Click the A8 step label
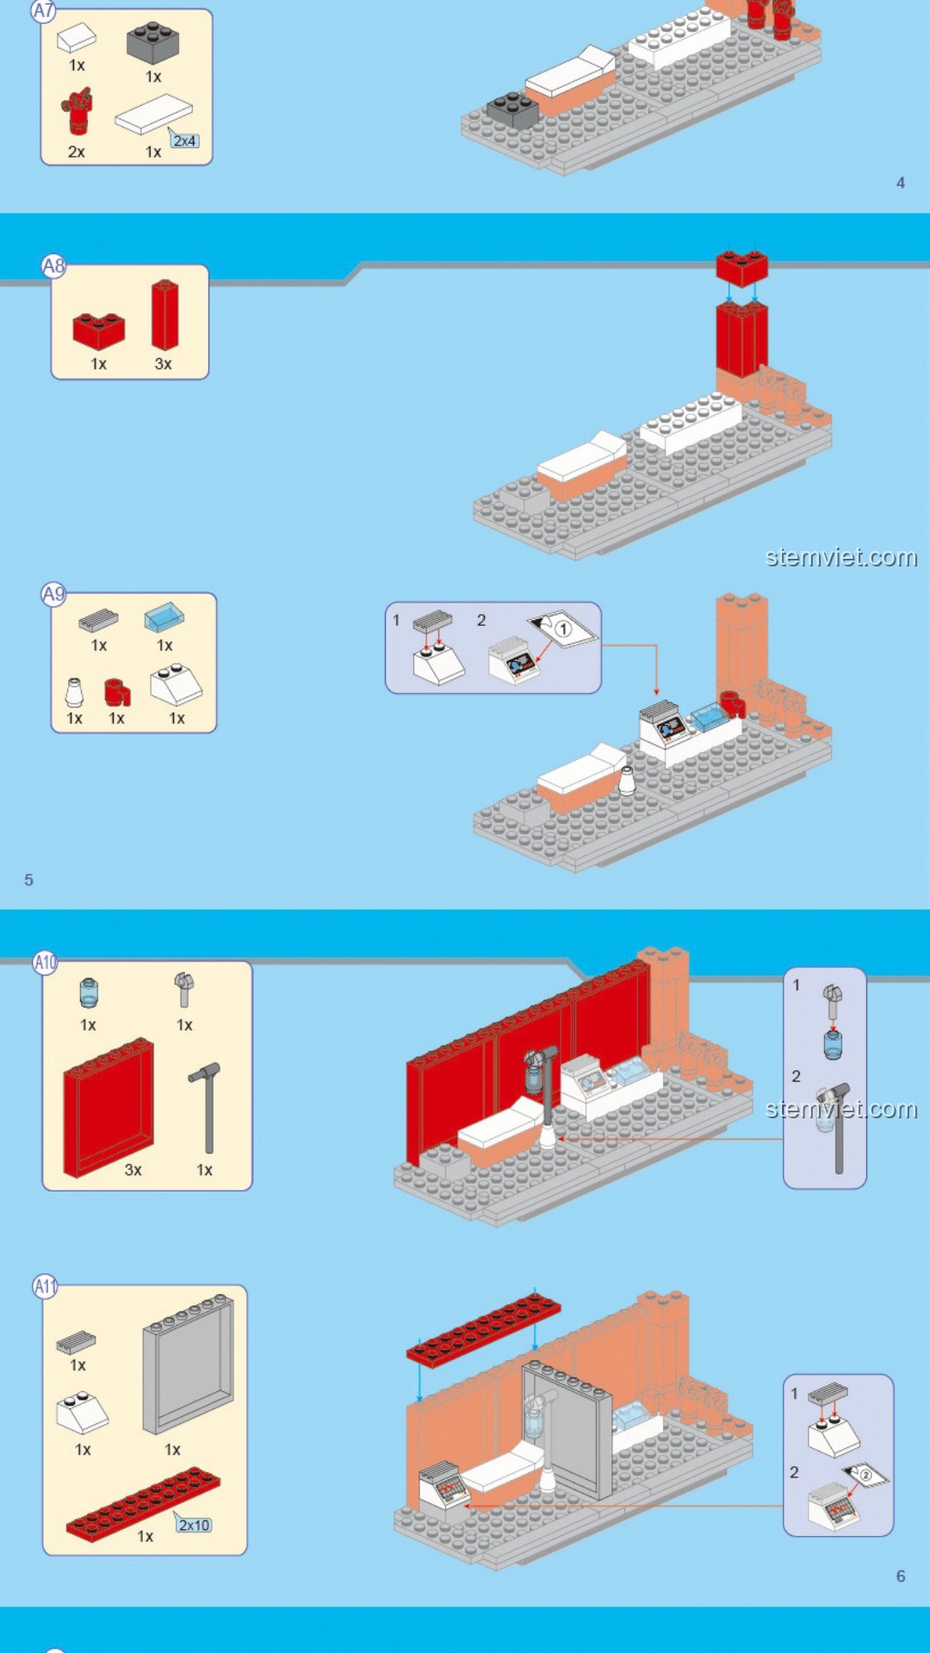point(53,266)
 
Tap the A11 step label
point(45,1287)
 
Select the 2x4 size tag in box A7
point(184,140)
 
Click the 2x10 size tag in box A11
point(194,1525)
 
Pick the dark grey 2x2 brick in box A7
point(153,43)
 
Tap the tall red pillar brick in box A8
point(164,314)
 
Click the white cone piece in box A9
point(75,692)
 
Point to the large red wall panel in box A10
point(108,1107)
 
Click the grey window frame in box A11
point(189,1363)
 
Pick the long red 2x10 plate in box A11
point(143,1504)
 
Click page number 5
point(28,880)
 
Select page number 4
point(901,183)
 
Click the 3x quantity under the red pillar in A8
point(164,364)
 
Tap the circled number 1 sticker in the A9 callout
point(562,628)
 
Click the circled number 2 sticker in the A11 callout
point(865,1475)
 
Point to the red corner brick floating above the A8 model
point(741,268)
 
